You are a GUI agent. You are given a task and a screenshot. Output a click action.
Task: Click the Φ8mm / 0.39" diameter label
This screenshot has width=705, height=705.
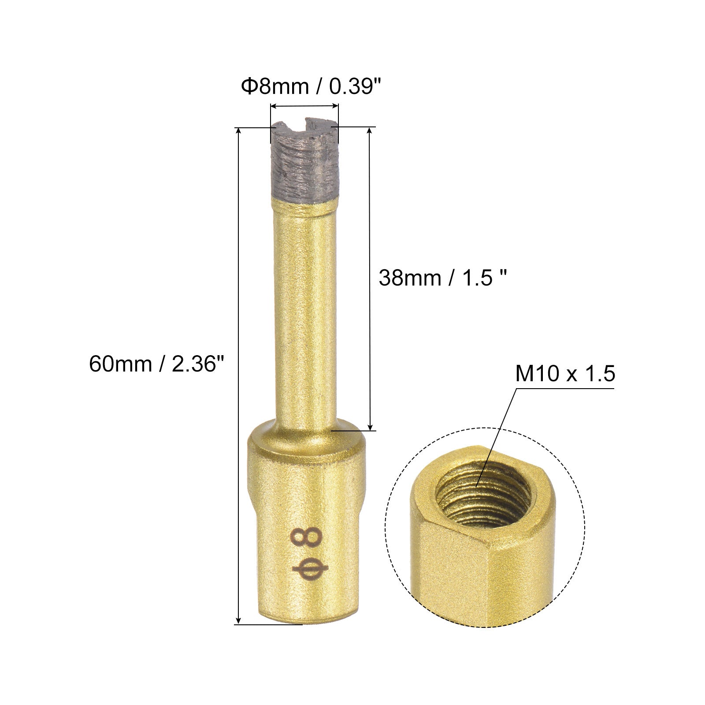(x=309, y=86)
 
